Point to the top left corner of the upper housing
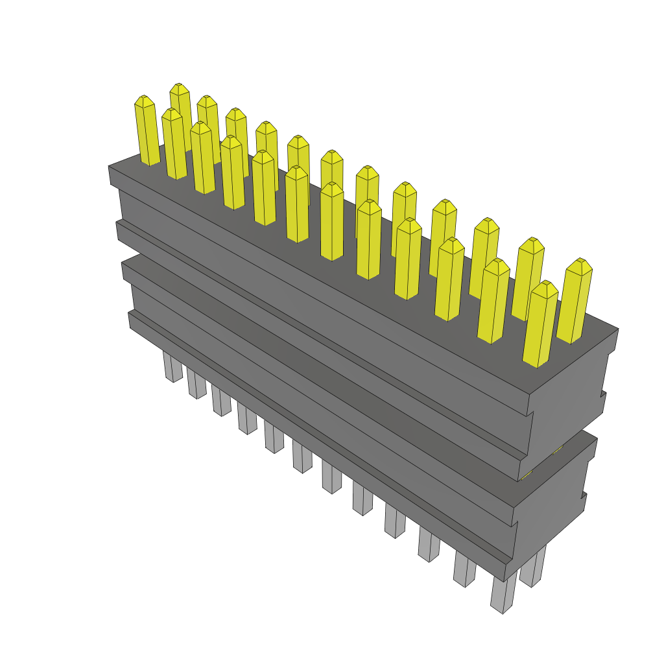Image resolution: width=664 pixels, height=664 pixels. [x=109, y=167]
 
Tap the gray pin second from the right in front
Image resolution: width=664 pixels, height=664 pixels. [x=464, y=571]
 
